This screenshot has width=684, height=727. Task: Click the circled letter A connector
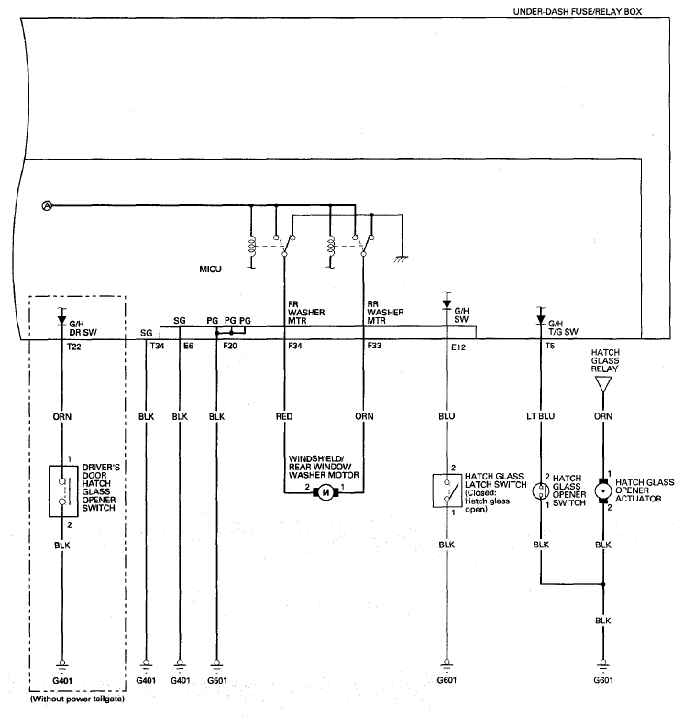tap(47, 205)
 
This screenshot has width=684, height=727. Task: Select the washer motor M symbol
tap(325, 492)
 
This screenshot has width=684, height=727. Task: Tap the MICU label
tap(211, 269)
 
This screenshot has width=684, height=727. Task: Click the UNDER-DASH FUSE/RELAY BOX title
tap(578, 12)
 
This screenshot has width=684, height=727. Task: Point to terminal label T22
tap(73, 347)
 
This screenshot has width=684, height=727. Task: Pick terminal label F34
tap(295, 346)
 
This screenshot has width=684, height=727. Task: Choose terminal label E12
tap(458, 347)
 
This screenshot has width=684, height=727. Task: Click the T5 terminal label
tap(549, 346)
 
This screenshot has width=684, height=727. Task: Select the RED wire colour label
tap(284, 416)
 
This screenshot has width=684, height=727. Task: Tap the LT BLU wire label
tap(541, 416)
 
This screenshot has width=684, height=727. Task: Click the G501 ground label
tap(217, 680)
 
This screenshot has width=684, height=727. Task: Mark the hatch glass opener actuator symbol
tap(602, 491)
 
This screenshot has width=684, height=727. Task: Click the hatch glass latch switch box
tap(447, 490)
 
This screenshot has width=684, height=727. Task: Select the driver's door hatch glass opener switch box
tap(63, 491)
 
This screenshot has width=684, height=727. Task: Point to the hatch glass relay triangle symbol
tap(602, 384)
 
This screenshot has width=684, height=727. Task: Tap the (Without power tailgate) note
tap(77, 699)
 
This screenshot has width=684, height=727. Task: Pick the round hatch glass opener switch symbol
tap(541, 491)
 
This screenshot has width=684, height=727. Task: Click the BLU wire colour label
tap(447, 416)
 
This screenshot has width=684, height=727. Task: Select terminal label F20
tap(230, 346)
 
